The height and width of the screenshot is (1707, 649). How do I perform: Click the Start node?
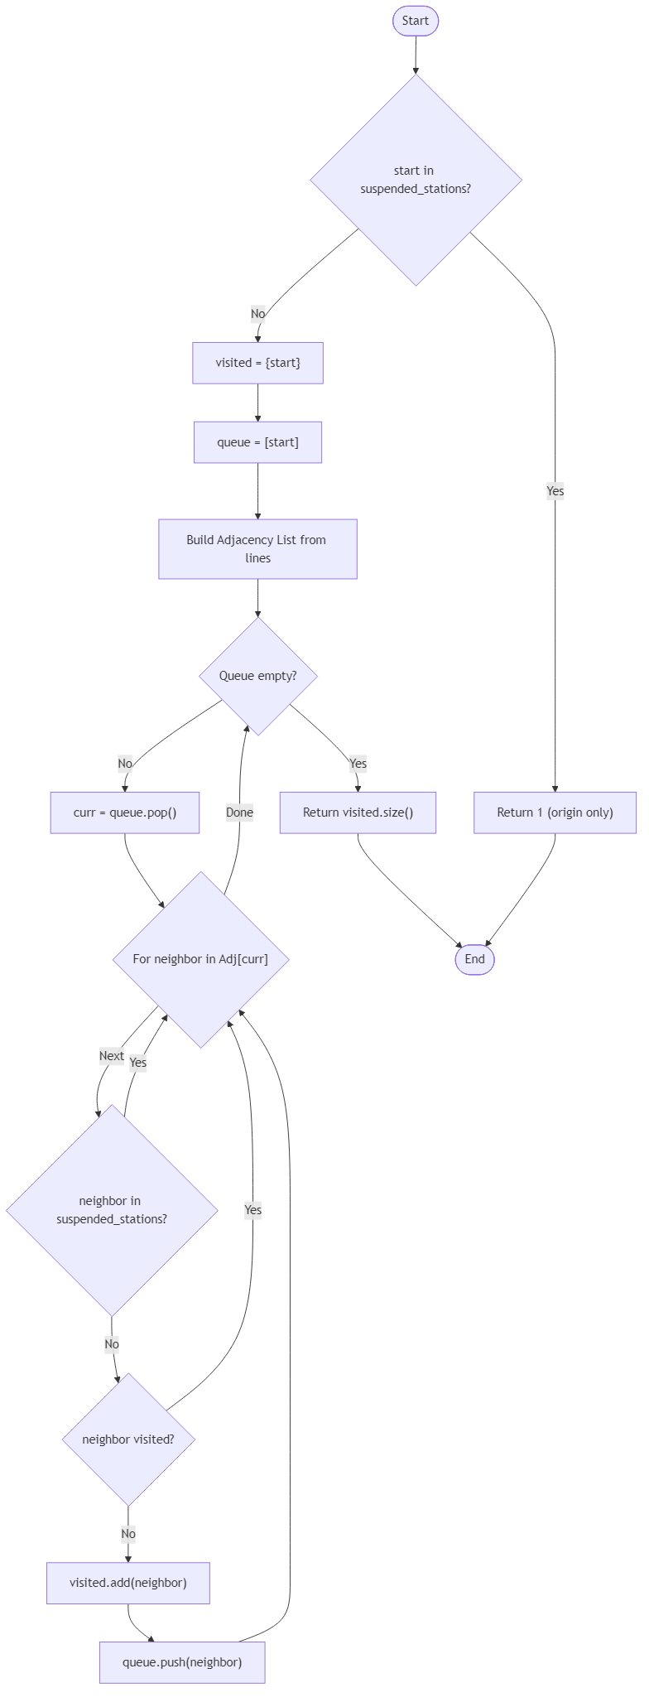coord(415,21)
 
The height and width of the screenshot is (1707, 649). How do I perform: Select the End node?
coord(474,959)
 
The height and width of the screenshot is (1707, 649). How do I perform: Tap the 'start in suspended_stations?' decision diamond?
coord(416,180)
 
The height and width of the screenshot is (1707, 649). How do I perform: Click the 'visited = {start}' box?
coord(257,363)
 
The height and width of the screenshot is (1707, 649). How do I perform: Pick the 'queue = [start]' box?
coord(257,442)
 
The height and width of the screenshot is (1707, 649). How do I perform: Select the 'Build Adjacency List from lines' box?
coord(257,549)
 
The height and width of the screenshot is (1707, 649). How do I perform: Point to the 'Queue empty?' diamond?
coord(257,676)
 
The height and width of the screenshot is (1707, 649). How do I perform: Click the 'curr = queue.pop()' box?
coord(125,813)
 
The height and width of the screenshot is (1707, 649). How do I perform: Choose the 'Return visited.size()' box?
coord(358,813)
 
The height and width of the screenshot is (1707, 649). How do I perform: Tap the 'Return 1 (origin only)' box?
coord(555,813)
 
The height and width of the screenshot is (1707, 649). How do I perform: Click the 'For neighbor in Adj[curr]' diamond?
coord(200,959)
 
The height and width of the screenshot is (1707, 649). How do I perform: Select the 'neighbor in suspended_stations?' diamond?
coord(112,1210)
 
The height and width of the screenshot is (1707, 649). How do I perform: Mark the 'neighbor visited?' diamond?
coord(128,1439)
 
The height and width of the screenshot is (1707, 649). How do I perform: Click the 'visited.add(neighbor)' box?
coord(128,1583)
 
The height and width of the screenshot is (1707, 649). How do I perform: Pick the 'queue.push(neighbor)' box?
coord(182,1662)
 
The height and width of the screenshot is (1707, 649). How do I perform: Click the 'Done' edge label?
coord(239,813)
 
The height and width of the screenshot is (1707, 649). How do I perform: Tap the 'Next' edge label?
coord(112,1056)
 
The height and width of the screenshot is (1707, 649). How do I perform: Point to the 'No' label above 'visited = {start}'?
coord(257,314)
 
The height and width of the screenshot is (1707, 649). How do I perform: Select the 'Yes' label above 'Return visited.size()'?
coord(358,764)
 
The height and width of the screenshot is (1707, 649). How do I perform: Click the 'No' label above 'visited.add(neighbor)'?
coord(128,1534)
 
